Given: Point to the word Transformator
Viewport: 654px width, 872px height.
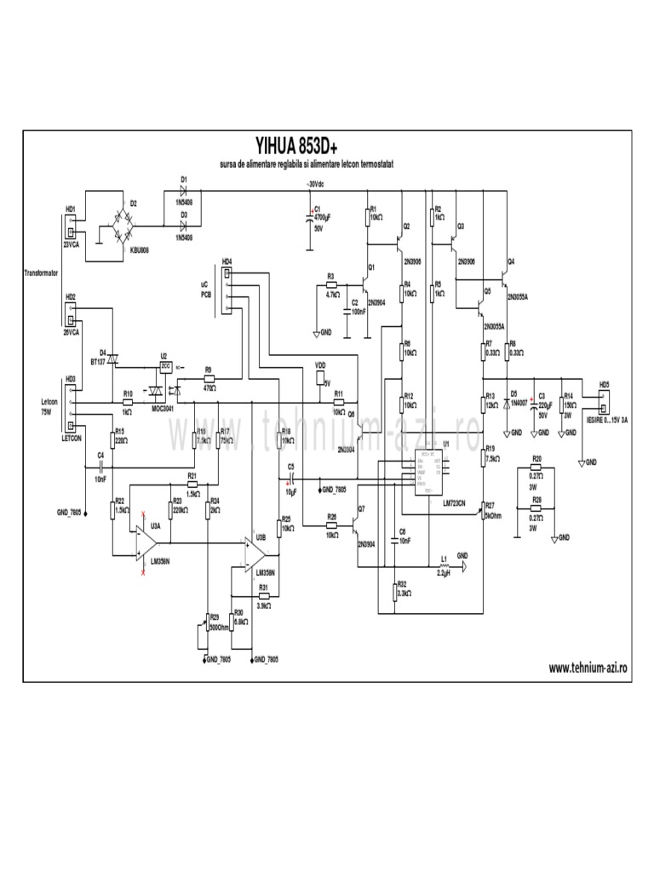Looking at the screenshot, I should point(40,272).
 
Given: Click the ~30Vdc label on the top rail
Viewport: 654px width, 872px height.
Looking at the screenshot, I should point(307,184).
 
